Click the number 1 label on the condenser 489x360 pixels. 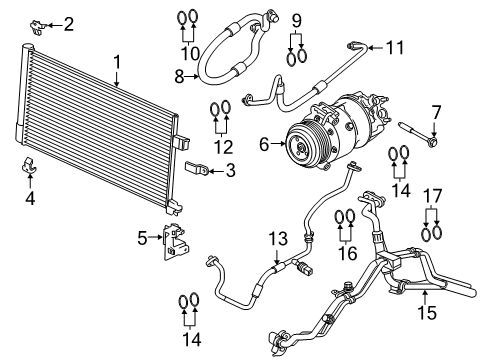(x=117, y=62)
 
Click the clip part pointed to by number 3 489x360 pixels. (x=197, y=169)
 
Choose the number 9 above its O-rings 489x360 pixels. (x=296, y=20)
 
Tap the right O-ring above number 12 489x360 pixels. (x=227, y=108)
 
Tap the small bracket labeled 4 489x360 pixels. (x=30, y=168)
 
